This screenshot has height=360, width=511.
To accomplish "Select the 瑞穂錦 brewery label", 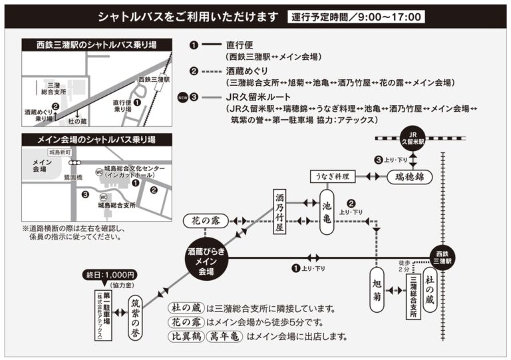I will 410,177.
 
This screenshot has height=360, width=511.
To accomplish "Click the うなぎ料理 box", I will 333,176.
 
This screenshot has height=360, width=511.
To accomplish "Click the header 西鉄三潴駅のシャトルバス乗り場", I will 97,45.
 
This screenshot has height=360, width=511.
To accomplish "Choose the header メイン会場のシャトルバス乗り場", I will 97,140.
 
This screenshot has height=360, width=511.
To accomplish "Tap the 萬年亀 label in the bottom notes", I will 224,337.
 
